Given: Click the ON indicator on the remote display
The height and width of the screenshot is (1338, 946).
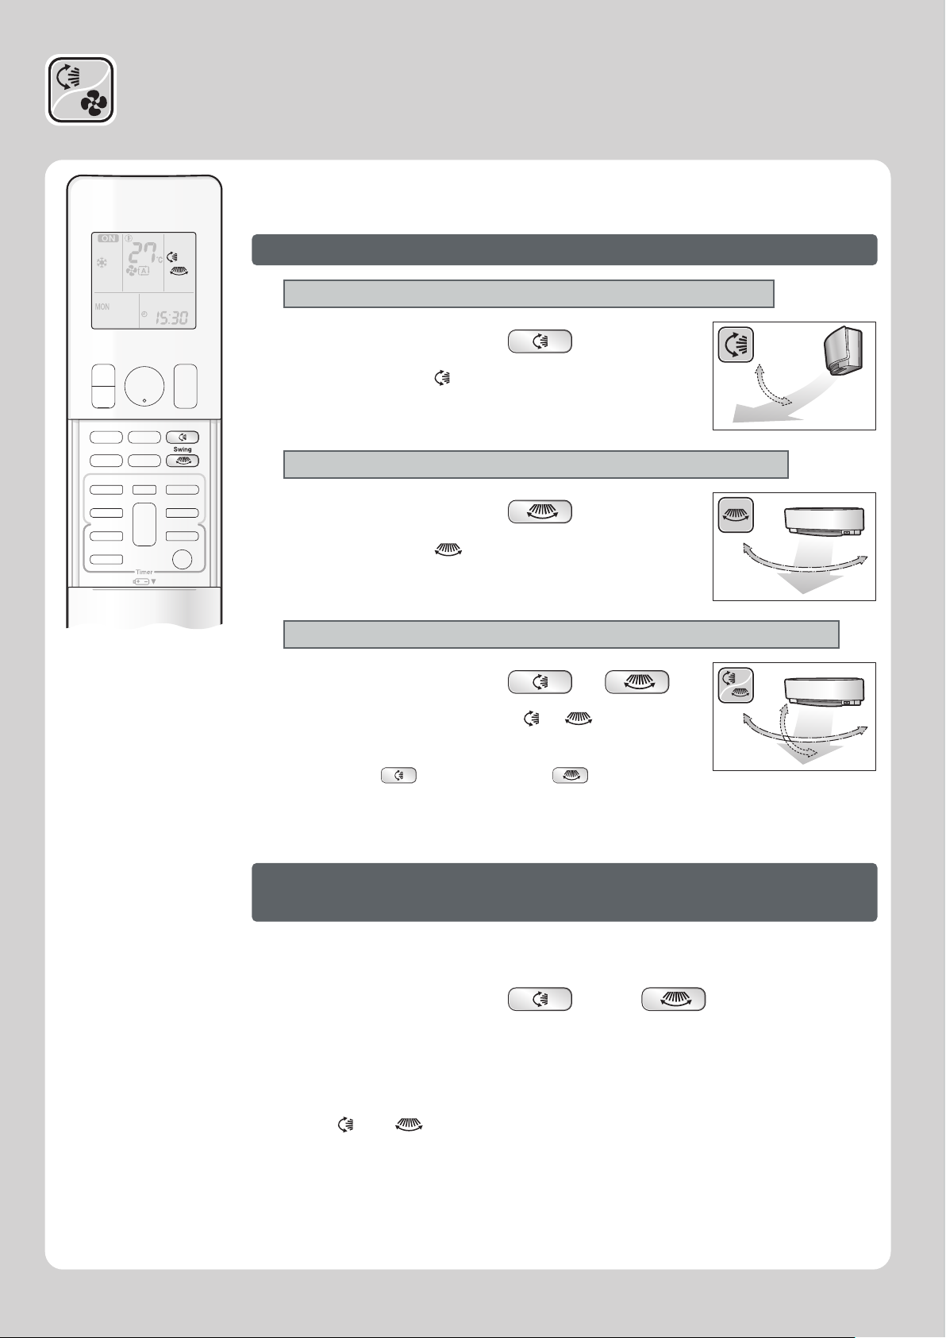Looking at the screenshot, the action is (x=108, y=238).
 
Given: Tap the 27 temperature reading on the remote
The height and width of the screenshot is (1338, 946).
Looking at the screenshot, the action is (x=143, y=253).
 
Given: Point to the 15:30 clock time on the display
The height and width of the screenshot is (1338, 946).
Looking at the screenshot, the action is (x=172, y=317).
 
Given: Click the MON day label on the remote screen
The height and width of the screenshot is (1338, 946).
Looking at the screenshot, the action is (x=102, y=307).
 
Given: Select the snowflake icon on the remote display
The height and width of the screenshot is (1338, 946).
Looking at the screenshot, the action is (x=102, y=262).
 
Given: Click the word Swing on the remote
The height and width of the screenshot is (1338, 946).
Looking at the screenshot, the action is (x=183, y=449).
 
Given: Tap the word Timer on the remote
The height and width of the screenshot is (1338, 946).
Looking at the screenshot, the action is (x=144, y=572).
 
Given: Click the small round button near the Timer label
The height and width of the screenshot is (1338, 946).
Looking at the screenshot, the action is (x=182, y=559).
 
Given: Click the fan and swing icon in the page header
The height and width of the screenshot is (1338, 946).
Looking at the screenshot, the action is (x=81, y=90).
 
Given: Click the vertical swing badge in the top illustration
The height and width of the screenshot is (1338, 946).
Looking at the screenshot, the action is (x=736, y=345).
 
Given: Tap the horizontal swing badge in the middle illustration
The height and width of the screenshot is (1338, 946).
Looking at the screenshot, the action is (x=736, y=515).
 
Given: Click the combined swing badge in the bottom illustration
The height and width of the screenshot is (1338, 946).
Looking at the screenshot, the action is (x=736, y=684).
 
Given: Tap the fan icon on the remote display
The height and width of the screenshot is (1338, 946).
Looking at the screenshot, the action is (x=131, y=272).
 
